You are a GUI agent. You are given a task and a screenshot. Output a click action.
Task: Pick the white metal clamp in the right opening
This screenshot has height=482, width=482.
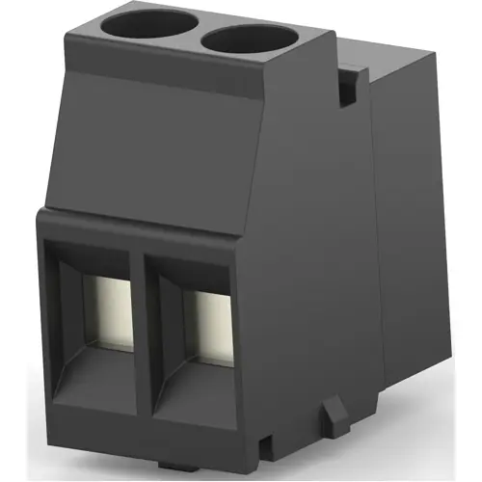tap(209, 318)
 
